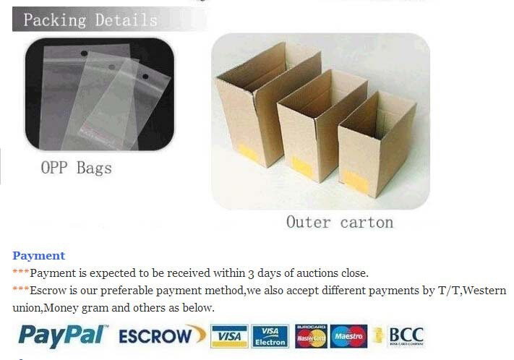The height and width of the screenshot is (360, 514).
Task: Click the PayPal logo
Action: (63, 336)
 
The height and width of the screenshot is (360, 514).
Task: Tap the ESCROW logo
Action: (162, 335)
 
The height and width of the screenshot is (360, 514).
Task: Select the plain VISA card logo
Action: (229, 336)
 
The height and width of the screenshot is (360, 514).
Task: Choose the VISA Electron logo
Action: (270, 336)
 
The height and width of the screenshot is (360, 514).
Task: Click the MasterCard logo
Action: (311, 336)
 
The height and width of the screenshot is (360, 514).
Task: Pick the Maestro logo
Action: (348, 336)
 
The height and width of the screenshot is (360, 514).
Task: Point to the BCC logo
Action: (406, 336)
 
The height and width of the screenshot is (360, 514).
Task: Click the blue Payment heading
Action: (39, 256)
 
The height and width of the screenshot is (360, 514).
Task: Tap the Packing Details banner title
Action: (90, 20)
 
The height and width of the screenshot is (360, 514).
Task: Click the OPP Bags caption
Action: (77, 168)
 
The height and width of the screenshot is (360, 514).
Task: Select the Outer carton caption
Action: (340, 223)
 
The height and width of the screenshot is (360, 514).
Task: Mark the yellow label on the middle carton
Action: (302, 166)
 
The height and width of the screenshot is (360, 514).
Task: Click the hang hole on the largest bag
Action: (85, 53)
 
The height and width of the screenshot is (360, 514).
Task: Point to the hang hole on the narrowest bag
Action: (145, 77)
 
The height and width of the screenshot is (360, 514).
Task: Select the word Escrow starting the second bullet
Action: (48, 291)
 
